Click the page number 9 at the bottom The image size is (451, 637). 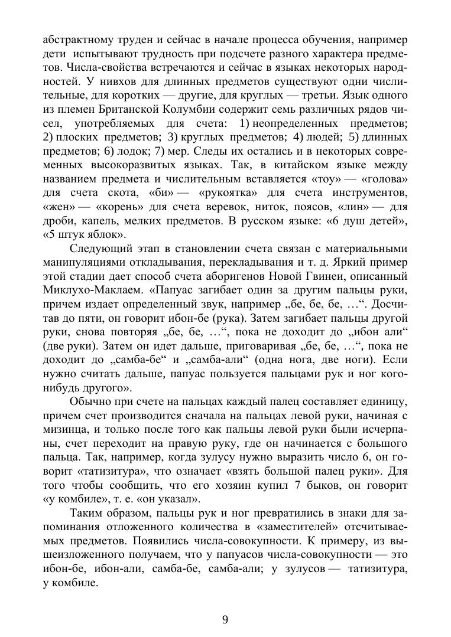point(225,619)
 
